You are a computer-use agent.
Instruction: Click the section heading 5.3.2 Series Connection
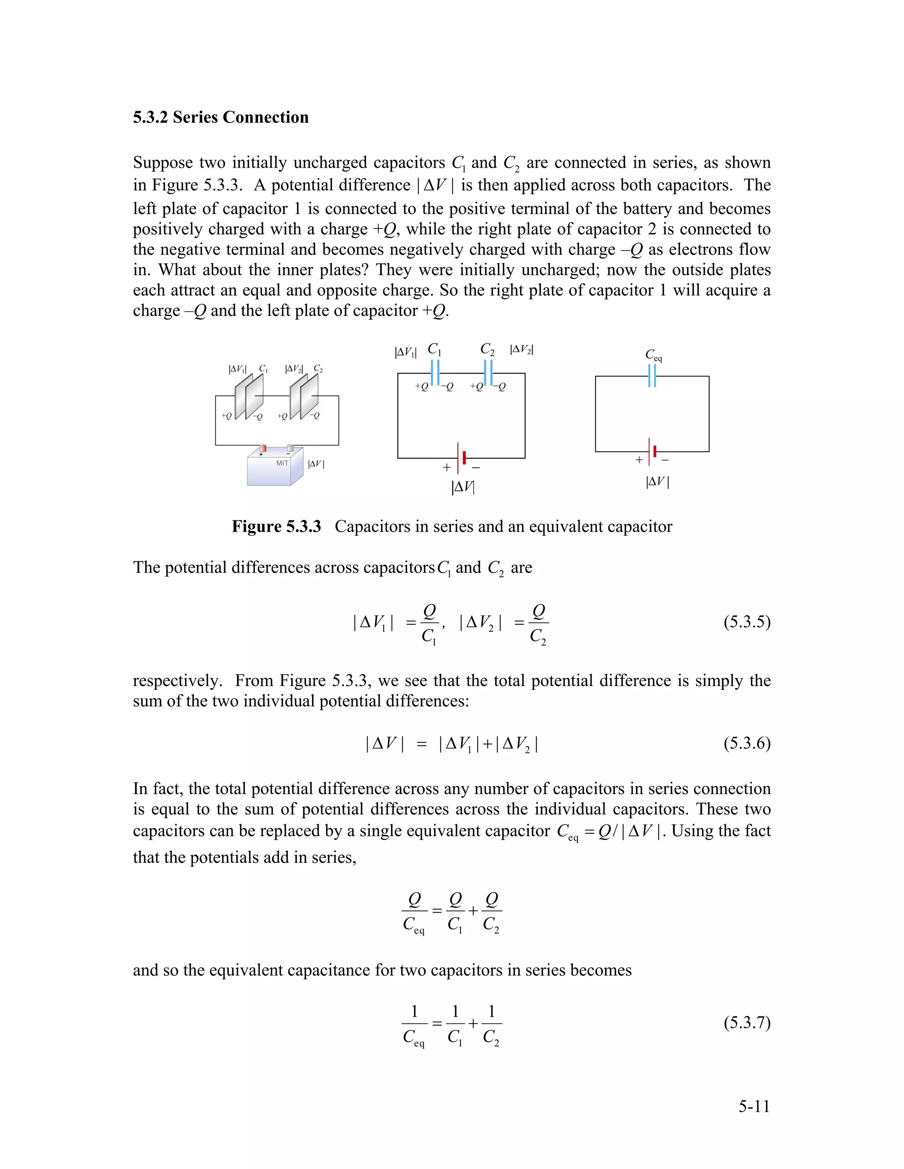pyautogui.click(x=221, y=117)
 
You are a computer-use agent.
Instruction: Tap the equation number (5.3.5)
pyautogui.click(x=746, y=622)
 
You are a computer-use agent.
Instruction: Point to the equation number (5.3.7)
pyautogui.click(x=746, y=1023)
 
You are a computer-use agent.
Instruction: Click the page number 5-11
pyautogui.click(x=754, y=1106)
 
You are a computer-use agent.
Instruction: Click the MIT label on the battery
pyautogui.click(x=282, y=463)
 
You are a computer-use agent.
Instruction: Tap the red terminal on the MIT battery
pyautogui.click(x=263, y=448)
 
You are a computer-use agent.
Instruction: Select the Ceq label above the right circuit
pyautogui.click(x=653, y=355)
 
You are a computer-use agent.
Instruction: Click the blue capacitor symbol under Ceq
pyautogui.click(x=652, y=376)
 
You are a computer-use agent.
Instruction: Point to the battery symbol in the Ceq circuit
pyautogui.click(x=652, y=451)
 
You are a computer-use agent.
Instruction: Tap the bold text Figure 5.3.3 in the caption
pyautogui.click(x=276, y=527)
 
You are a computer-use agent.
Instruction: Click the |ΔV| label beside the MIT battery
pyautogui.click(x=316, y=464)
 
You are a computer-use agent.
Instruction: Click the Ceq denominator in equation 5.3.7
pyautogui.click(x=414, y=1038)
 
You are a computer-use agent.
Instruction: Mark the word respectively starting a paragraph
pyautogui.click(x=177, y=681)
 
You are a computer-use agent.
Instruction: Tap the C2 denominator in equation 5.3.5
pyautogui.click(x=538, y=637)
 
